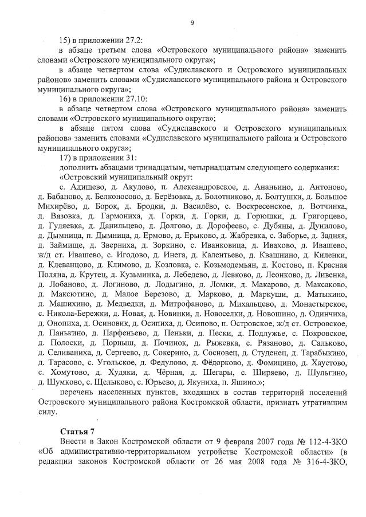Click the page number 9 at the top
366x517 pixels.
point(192,23)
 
